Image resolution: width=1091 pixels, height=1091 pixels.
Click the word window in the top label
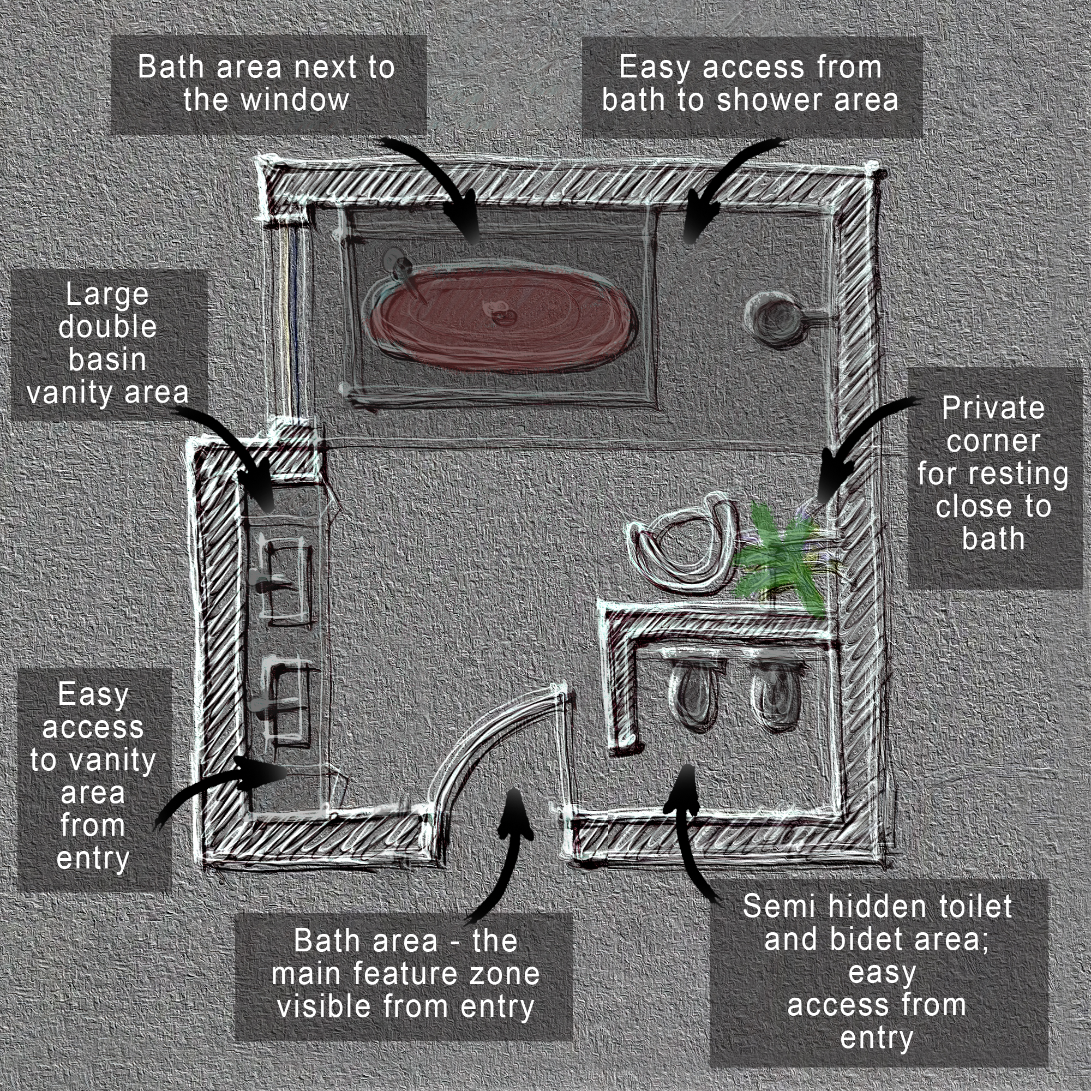click(294, 100)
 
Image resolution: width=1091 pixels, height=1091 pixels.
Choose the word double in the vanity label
click(107, 327)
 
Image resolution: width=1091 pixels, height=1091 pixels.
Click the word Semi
click(779, 907)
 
